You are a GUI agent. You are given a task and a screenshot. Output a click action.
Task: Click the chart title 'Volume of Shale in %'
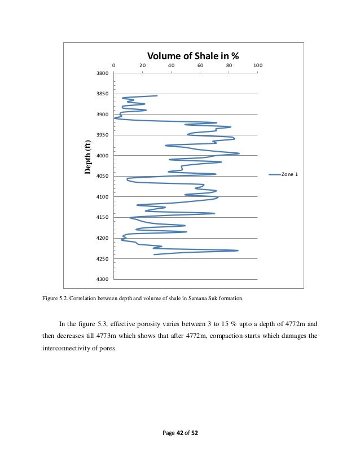[x=193, y=56]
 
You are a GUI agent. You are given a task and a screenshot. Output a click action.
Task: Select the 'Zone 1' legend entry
[x=289, y=174]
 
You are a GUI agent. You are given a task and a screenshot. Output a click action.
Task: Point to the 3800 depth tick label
[x=102, y=73]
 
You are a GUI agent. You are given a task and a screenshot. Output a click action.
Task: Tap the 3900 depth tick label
[x=102, y=115]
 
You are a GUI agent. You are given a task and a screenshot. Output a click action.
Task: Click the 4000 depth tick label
[x=102, y=156]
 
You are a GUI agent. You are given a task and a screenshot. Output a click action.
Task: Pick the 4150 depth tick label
[x=102, y=217]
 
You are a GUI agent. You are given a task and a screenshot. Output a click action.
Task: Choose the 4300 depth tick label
[x=102, y=279]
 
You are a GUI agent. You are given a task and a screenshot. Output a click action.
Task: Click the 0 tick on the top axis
[x=114, y=65]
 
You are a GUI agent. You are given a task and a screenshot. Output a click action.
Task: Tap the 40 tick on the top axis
[x=171, y=65]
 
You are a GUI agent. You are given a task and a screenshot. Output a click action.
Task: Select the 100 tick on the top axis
[x=257, y=65]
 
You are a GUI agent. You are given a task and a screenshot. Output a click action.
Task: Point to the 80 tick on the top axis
[x=229, y=65]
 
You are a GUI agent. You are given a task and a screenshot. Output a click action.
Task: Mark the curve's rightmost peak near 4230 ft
[x=238, y=250]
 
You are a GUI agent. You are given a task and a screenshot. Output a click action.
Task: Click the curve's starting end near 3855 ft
[x=157, y=96]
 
